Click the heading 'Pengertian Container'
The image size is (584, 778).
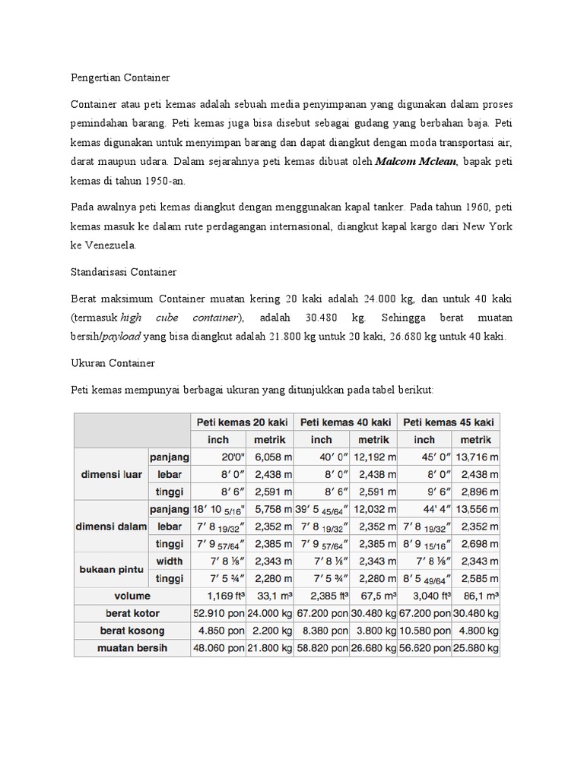pyautogui.click(x=120, y=77)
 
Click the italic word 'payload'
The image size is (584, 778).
pyautogui.click(x=124, y=337)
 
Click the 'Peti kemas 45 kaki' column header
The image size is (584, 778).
pyautogui.click(x=449, y=422)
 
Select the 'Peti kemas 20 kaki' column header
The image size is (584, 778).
pyautogui.click(x=242, y=422)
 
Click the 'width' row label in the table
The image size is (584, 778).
pyautogui.click(x=170, y=561)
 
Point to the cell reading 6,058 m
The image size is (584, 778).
pyautogui.click(x=269, y=457)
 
